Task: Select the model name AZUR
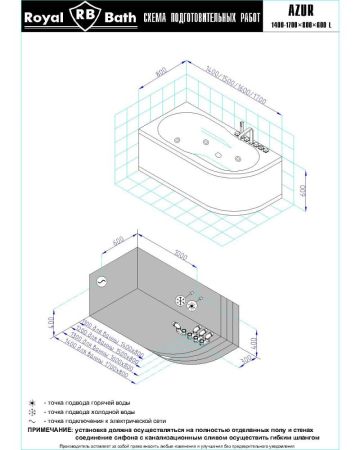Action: tap(317, 10)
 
